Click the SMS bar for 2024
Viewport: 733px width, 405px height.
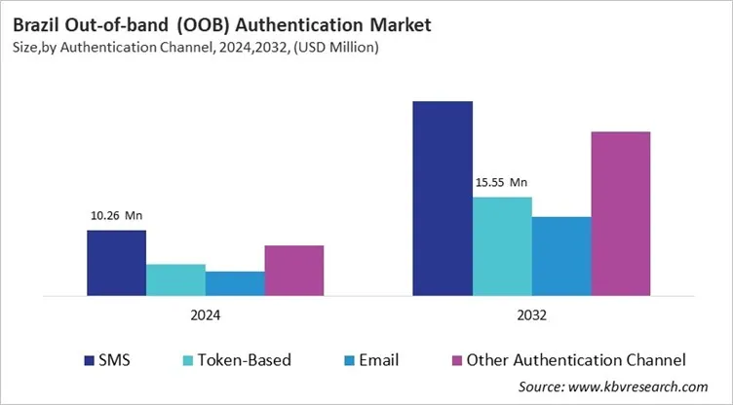point(116,263)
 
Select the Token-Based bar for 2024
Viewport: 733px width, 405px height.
point(175,279)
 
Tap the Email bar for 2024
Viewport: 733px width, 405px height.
point(235,283)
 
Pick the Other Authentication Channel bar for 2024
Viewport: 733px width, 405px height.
point(294,271)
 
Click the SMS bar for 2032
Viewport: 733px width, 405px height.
point(443,198)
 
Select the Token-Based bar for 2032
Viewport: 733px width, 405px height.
point(502,246)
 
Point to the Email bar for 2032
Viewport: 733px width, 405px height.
point(561,256)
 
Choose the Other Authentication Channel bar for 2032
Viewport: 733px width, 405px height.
point(621,213)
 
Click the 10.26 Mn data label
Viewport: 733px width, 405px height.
point(116,216)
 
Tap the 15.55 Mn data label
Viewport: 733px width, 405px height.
point(501,182)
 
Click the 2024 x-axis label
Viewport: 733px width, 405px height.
point(205,316)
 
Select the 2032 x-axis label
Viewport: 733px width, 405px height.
point(531,316)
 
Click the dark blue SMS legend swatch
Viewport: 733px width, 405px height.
point(90,360)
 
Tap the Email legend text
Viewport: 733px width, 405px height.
point(378,360)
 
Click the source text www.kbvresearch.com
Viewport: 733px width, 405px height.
point(643,387)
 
